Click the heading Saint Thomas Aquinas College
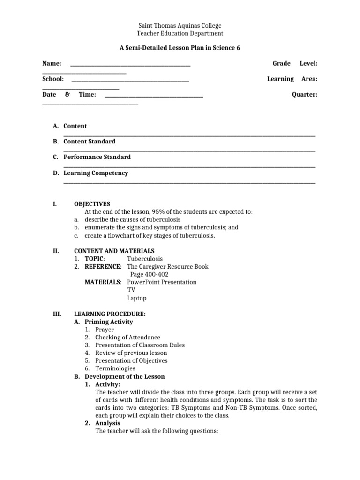pyautogui.click(x=180, y=25)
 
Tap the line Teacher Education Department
pyautogui.click(x=180, y=33)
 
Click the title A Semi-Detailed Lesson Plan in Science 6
pyautogui.click(x=180, y=48)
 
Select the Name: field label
pyautogui.click(x=52, y=63)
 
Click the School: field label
pyautogui.click(x=53, y=79)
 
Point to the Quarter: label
pyautogui.click(x=305, y=95)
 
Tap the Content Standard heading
pyautogui.click(x=89, y=141)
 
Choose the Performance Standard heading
pyautogui.click(x=97, y=157)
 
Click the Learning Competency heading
pyautogui.click(x=96, y=173)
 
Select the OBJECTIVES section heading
pyautogui.click(x=92, y=204)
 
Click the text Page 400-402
pyautogui.click(x=149, y=274)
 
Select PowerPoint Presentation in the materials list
pyautogui.click(x=162, y=282)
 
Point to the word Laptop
pyautogui.click(x=136, y=298)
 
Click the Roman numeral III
pyautogui.click(x=56, y=314)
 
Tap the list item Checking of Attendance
pyautogui.click(x=127, y=337)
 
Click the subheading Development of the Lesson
pyautogui.click(x=124, y=376)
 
